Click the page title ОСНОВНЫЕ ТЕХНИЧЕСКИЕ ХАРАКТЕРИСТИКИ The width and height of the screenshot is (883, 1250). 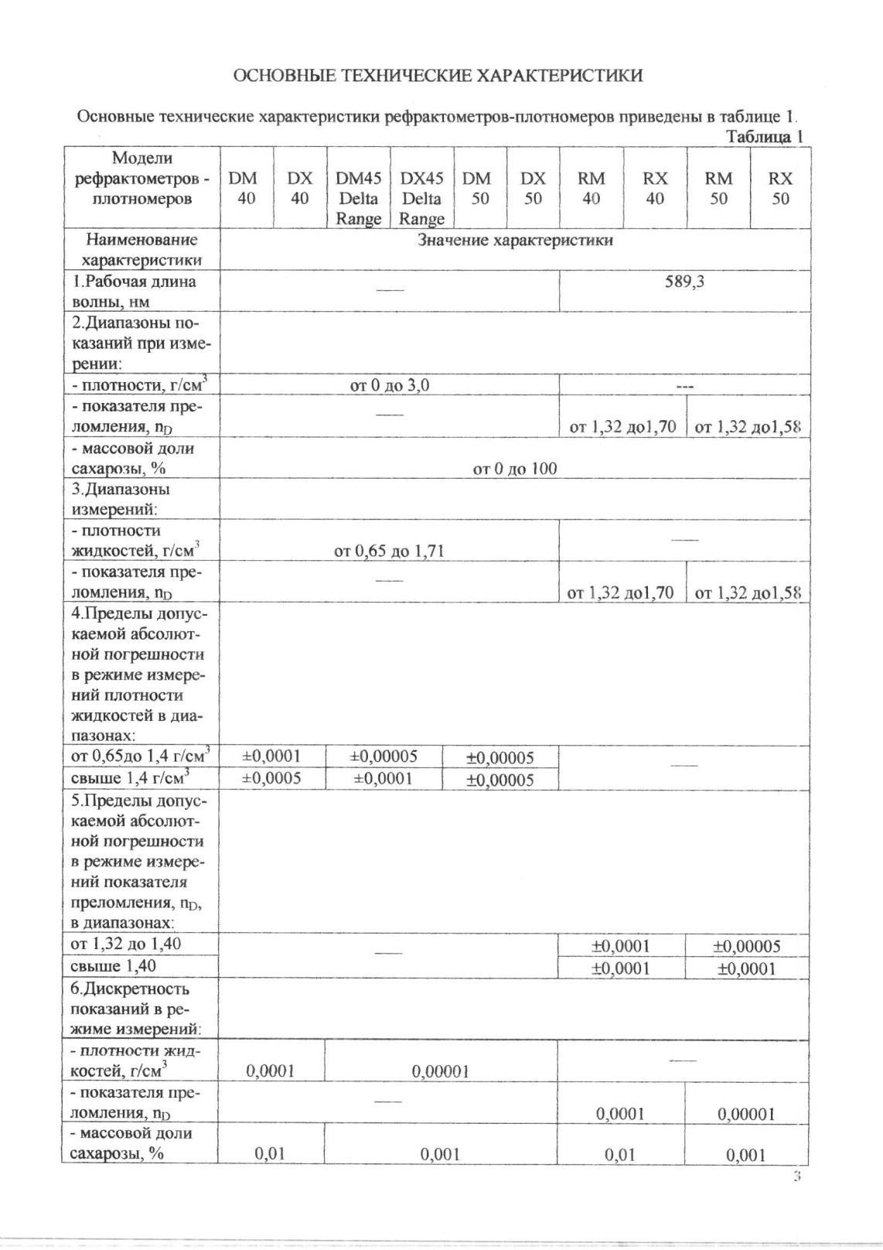[x=438, y=75]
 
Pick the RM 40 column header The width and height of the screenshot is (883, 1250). [x=591, y=188]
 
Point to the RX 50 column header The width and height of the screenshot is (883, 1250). [x=780, y=188]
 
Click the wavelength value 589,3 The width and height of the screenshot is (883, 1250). [x=684, y=282]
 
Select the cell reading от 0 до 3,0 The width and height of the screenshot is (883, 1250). [x=389, y=384]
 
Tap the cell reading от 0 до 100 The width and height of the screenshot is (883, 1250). [x=514, y=468]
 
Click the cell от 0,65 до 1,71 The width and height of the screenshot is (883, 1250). [x=389, y=551]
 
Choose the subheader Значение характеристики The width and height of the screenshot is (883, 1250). [x=515, y=240]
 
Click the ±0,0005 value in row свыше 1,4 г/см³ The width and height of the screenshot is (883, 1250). [x=271, y=778]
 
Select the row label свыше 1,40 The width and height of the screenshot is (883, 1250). [x=113, y=965]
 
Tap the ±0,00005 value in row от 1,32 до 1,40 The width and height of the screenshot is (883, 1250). [x=746, y=945]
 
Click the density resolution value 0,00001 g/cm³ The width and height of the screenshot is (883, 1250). [x=440, y=1071]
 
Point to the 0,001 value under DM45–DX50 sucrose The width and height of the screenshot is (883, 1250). [x=440, y=1154]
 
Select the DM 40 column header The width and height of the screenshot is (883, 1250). [x=246, y=188]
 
